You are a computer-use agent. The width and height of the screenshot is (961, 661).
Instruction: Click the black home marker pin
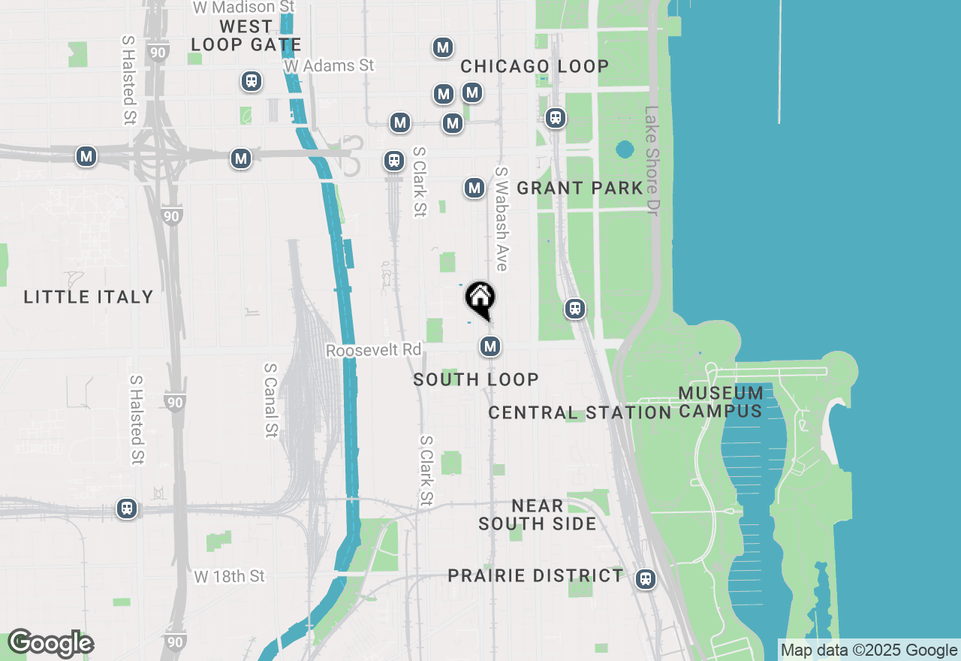(480, 299)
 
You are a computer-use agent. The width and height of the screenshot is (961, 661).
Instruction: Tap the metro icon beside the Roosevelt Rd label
(490, 346)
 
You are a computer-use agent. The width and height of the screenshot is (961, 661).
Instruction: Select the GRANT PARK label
(580, 188)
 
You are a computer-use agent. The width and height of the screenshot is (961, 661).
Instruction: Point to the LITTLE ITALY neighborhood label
(89, 297)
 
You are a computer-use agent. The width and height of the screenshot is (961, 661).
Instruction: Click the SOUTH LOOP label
(476, 380)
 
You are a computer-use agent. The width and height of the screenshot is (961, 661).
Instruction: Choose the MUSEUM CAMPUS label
(721, 402)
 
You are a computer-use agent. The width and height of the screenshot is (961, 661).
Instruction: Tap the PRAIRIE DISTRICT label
(535, 576)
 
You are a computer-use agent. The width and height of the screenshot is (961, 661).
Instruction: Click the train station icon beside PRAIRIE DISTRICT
(645, 579)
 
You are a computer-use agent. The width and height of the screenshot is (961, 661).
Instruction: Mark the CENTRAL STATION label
(580, 413)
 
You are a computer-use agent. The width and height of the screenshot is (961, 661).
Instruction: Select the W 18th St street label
(230, 577)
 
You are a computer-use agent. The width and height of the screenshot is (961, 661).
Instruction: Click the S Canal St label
(270, 400)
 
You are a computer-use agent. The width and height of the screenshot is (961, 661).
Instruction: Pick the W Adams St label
(329, 66)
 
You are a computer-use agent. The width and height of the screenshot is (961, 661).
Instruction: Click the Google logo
(50, 644)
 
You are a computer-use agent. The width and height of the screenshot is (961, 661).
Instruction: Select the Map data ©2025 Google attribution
(869, 650)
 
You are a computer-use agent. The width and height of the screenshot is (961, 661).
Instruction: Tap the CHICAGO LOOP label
(535, 67)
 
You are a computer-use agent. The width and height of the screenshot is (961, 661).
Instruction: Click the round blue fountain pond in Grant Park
(625, 149)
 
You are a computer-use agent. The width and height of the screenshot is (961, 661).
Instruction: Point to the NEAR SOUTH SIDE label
(538, 515)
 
